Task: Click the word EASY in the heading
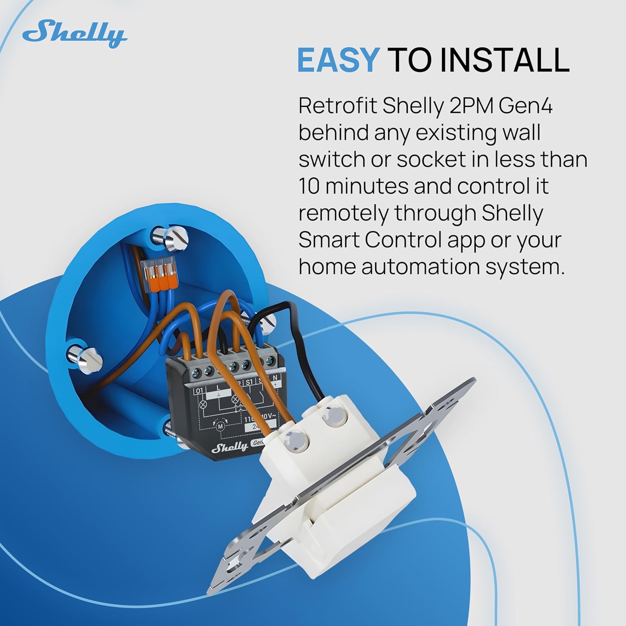(x=337, y=60)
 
